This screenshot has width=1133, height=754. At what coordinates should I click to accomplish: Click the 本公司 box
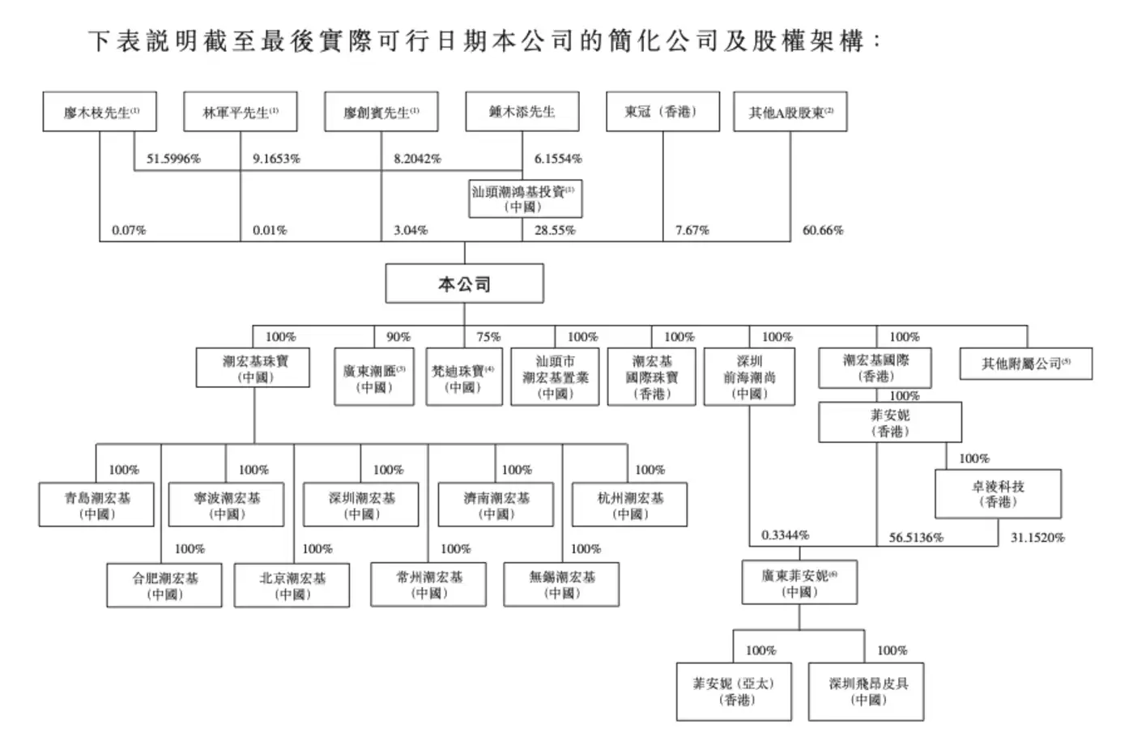464,283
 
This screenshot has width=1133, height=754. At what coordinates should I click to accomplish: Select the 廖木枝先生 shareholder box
100,112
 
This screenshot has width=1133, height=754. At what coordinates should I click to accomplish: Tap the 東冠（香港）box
662,112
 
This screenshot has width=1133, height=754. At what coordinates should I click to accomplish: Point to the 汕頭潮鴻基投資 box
525,199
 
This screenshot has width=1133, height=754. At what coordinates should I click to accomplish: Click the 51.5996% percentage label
173,159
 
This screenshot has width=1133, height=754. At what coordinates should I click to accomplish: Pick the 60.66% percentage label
823,230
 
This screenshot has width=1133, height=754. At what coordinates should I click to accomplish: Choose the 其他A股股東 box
790,112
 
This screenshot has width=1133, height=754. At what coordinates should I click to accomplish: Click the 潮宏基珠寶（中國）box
254,368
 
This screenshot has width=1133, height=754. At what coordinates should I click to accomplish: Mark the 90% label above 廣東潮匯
398,337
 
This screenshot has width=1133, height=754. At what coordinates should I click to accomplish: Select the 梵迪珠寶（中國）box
463,377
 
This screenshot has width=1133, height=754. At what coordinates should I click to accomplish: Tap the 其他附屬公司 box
1025,364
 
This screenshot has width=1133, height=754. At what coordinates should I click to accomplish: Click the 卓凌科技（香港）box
998,494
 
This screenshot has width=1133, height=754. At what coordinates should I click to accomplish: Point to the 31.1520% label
1037,537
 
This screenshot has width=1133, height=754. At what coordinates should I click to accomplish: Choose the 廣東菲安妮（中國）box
799,582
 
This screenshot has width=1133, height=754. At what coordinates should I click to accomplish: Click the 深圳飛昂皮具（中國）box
867,691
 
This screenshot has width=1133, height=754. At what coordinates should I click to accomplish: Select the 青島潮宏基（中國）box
96,505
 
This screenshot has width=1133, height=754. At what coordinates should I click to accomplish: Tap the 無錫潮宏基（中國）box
561,584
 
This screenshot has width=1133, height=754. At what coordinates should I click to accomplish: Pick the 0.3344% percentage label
785,535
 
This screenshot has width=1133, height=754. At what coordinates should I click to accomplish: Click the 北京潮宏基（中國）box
292,586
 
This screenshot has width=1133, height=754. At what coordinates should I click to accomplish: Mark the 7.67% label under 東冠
692,230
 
